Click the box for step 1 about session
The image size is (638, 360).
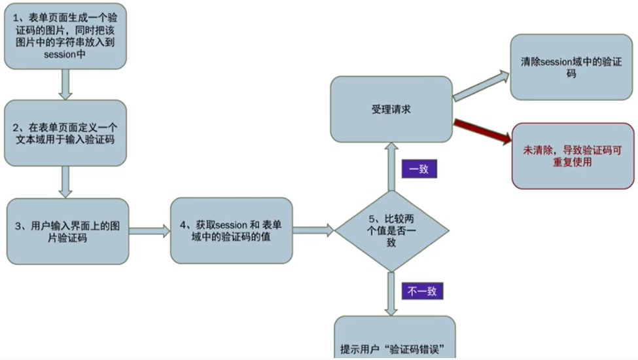pyautogui.click(x=65, y=36)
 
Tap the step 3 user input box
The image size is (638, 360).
pyautogui.click(x=68, y=231)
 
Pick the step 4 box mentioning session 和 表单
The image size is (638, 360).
pyautogui.click(x=231, y=230)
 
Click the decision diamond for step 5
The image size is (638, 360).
pyautogui.click(x=391, y=230)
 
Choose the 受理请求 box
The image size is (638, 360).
pyautogui.click(x=391, y=109)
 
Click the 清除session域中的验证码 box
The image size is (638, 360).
pyautogui.click(x=571, y=67)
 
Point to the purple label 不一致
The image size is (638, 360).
pyautogui.click(x=422, y=291)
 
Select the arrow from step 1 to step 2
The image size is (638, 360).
pyautogui.click(x=65, y=84)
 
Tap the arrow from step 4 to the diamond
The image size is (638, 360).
pyautogui.click(x=313, y=230)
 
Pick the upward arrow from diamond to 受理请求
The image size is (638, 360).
pyautogui.click(x=391, y=167)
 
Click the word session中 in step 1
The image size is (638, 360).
pyautogui.click(x=65, y=54)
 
